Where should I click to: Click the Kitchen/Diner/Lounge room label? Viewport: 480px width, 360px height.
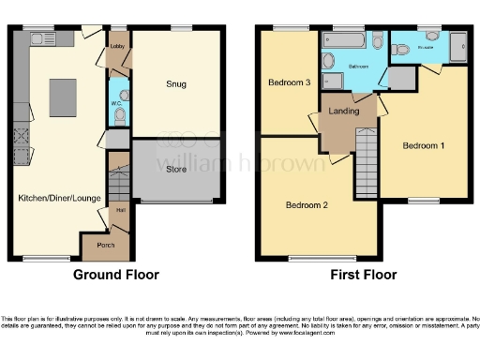click(x=58, y=198)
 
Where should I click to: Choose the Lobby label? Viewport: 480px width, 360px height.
click(x=117, y=44)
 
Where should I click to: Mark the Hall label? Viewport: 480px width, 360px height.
click(x=120, y=210)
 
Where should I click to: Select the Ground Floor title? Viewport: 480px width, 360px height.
click(x=116, y=276)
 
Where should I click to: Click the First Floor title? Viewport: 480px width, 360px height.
click(x=364, y=276)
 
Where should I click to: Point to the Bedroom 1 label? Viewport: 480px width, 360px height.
click(x=424, y=146)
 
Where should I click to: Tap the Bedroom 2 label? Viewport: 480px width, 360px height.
click(x=307, y=205)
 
